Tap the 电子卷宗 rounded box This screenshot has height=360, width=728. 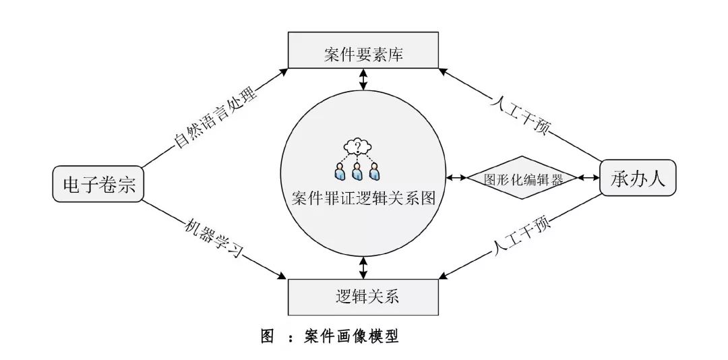point(99,183)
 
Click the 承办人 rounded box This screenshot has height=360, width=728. point(637,178)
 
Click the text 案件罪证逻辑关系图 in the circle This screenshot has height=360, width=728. point(364,200)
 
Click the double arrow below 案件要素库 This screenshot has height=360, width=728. point(364,80)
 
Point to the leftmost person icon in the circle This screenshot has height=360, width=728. point(339,171)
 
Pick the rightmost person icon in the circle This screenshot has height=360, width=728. point(375,171)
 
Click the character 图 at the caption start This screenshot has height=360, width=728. point(268,336)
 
